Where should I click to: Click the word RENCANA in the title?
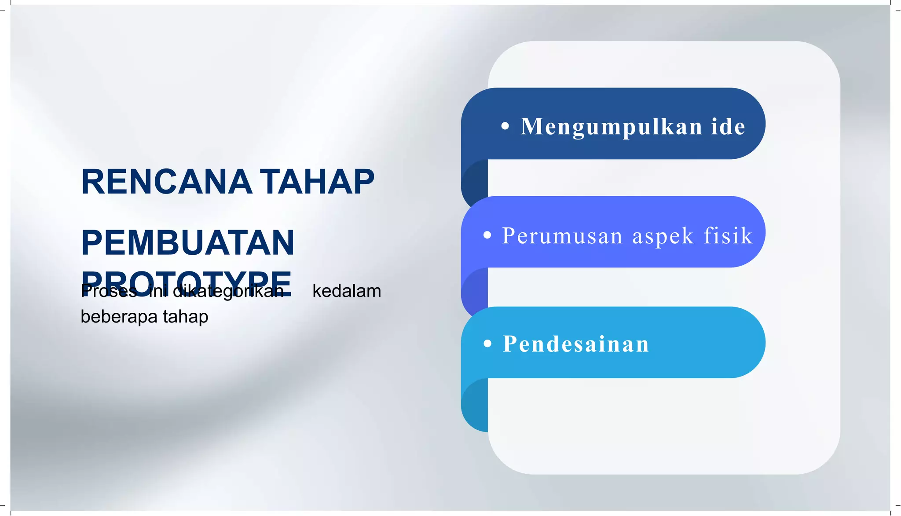click(x=167, y=182)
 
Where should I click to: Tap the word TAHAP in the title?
click(x=317, y=182)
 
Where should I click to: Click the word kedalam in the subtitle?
click(x=347, y=291)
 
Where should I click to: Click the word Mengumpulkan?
click(x=612, y=127)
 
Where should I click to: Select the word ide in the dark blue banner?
click(x=728, y=127)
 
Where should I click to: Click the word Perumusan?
click(x=562, y=236)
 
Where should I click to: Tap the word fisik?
click(x=728, y=235)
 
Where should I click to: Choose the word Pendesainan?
click(x=576, y=344)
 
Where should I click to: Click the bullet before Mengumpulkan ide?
click(x=505, y=126)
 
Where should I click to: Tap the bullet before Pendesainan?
click(x=487, y=344)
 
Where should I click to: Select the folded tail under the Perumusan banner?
click(x=475, y=290)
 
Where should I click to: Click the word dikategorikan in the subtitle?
click(x=228, y=291)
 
